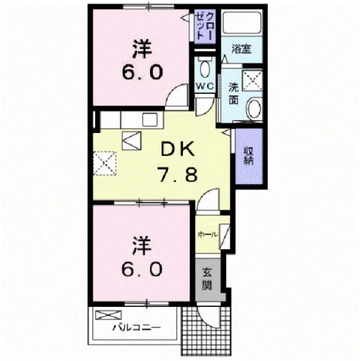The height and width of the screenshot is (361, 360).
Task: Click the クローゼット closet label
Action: pos(205,26)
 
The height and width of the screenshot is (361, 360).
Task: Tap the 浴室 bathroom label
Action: pos(241,49)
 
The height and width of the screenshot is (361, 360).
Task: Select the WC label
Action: pos(205,86)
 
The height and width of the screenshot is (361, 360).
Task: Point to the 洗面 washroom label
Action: pos(234,93)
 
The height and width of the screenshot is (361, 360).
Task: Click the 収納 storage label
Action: pos(248,155)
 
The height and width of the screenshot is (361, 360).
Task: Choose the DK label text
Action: pos(178,149)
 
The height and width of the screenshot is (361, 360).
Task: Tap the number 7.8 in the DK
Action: pos(178,174)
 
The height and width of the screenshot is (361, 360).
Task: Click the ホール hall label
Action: pos(208,234)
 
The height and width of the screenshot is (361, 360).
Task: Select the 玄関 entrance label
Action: pos(207,278)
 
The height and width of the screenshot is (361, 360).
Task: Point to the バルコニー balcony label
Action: pos(136,327)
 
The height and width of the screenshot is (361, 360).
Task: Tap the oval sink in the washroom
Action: pos(254,109)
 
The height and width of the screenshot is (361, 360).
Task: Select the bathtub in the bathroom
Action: pos(241,23)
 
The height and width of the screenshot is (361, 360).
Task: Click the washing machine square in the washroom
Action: pos(253,80)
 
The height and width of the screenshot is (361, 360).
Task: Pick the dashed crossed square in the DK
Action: pos(105,163)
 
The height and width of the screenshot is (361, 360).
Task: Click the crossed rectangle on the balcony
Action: pos(109,314)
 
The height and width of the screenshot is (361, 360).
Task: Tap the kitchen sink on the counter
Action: pos(150,119)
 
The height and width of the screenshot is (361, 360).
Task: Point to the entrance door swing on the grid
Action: pos(208,315)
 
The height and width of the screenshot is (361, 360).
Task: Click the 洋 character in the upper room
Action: pos(142,49)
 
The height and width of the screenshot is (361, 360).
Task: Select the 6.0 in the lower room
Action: pos(142,269)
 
